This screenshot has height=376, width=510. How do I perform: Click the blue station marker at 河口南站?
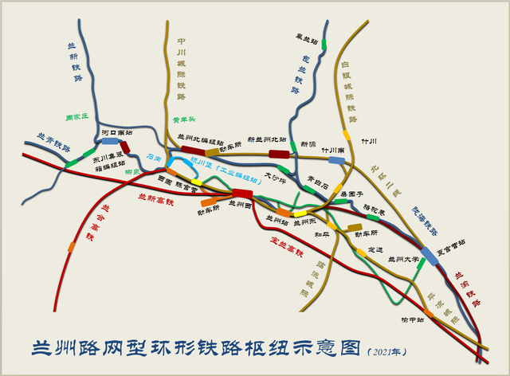pyautogui.click(x=108, y=141)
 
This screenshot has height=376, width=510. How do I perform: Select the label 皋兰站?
pyautogui.click(x=306, y=37)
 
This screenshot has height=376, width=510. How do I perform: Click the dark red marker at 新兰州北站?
pyautogui.click(x=278, y=154)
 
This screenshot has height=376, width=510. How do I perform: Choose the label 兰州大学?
pyautogui.click(x=403, y=258)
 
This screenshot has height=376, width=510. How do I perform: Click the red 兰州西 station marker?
pyautogui.click(x=242, y=194)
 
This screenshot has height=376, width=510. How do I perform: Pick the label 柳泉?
pyautogui.click(x=132, y=171)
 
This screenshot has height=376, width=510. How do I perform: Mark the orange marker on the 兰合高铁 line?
pyautogui.click(x=71, y=247)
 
